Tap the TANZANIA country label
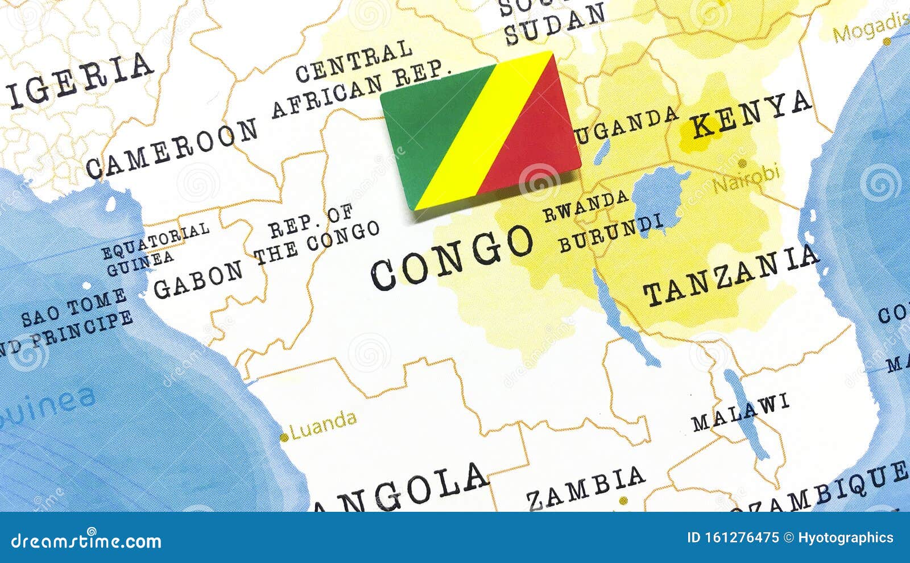pyautogui.click(x=731, y=276)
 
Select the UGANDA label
pyautogui.click(x=626, y=123)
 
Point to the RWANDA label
pyautogui.click(x=586, y=206)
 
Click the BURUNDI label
pyautogui.click(x=611, y=233)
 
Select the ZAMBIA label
pyautogui.click(x=585, y=487)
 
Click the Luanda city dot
pyautogui.click(x=284, y=437)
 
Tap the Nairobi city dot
pyautogui.click(x=742, y=163)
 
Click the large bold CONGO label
pyautogui.click(x=452, y=256)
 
